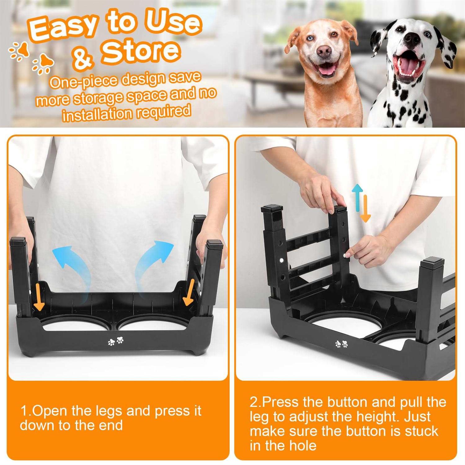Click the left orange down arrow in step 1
click(39, 296)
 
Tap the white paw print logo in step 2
click(341, 344)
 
